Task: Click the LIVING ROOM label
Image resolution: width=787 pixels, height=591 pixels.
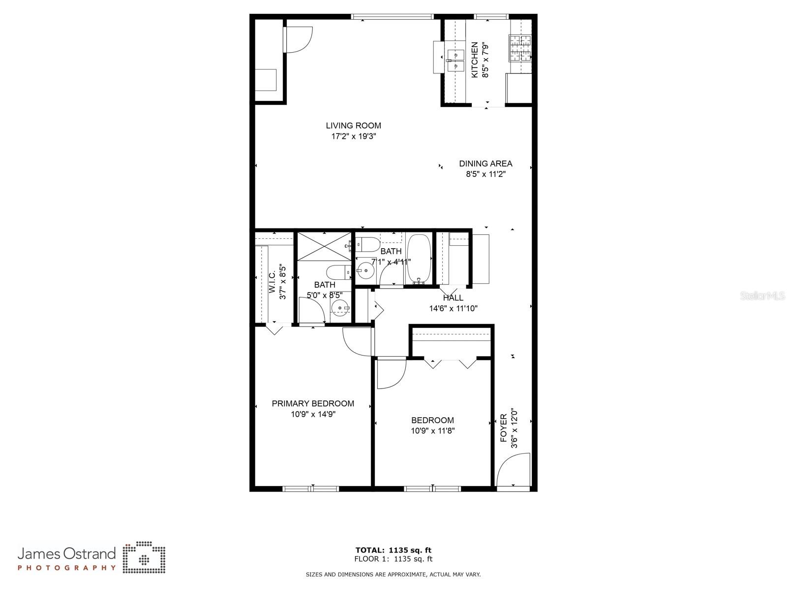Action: pyautogui.click(x=353, y=126)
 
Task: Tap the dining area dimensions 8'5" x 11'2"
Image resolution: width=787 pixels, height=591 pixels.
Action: pyautogui.click(x=485, y=174)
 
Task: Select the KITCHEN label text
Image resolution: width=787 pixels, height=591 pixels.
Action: pyautogui.click(x=475, y=60)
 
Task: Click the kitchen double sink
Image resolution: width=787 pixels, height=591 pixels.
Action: pyautogui.click(x=456, y=60)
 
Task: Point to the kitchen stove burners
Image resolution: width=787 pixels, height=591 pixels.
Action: pyautogui.click(x=521, y=48)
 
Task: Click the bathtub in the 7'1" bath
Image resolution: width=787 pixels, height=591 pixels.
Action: pyautogui.click(x=419, y=260)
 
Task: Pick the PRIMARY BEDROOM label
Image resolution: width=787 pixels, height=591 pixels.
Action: pyautogui.click(x=313, y=403)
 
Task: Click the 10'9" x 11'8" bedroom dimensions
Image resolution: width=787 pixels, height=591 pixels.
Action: pyautogui.click(x=433, y=431)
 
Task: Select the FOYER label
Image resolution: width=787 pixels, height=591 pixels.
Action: pyautogui.click(x=504, y=428)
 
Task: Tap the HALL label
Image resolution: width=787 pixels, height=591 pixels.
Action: pyautogui.click(x=453, y=298)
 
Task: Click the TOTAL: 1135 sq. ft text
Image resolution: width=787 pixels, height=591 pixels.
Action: pyautogui.click(x=393, y=550)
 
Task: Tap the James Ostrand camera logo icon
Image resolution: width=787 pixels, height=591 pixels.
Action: pyautogui.click(x=144, y=558)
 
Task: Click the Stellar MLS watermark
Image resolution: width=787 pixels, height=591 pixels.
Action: pyautogui.click(x=762, y=296)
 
